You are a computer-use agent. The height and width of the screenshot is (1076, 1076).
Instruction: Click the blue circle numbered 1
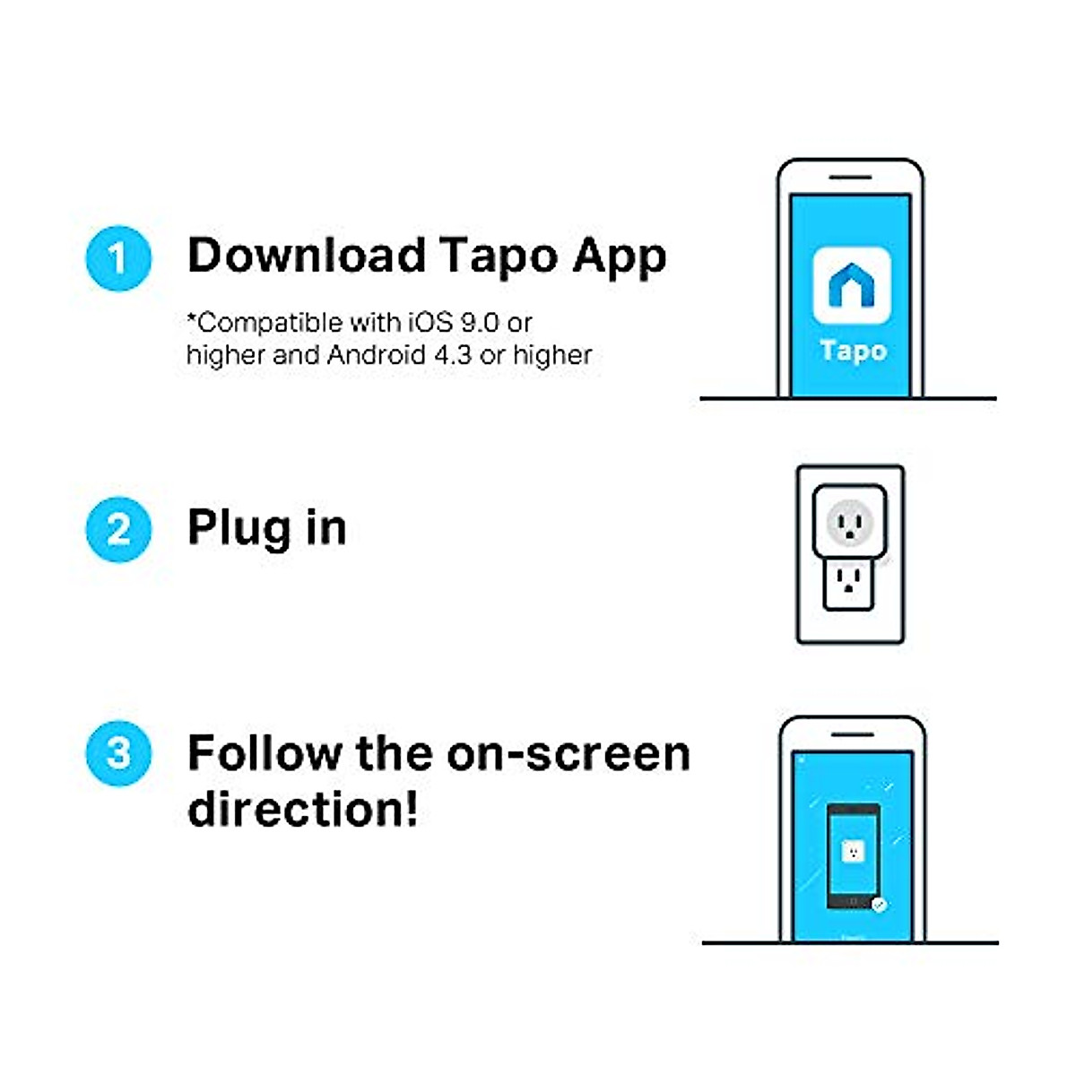click(x=118, y=259)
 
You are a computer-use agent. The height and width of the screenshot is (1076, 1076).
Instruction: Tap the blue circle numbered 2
click(x=118, y=529)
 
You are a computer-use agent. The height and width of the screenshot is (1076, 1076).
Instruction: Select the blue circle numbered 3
click(x=118, y=753)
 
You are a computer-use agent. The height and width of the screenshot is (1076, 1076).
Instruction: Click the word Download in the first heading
click(x=306, y=256)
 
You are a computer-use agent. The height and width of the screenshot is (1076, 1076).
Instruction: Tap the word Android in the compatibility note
click(x=377, y=355)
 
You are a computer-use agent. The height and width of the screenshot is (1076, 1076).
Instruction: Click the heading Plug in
click(x=266, y=528)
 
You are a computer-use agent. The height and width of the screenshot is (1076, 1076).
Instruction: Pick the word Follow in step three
click(x=264, y=753)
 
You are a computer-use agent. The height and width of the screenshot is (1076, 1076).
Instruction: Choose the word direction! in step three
click(x=302, y=809)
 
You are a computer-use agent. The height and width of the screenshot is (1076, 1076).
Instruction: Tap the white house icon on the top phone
click(x=851, y=286)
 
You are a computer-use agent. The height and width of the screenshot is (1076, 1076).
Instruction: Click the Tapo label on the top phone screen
click(x=853, y=351)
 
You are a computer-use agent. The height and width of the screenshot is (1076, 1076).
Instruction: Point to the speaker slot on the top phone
click(x=850, y=178)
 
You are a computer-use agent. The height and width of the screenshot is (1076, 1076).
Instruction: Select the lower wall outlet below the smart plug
click(x=849, y=586)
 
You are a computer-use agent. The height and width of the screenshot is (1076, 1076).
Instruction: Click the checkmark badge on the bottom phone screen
click(x=879, y=905)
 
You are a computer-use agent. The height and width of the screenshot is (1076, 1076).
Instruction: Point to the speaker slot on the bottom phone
click(x=851, y=734)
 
